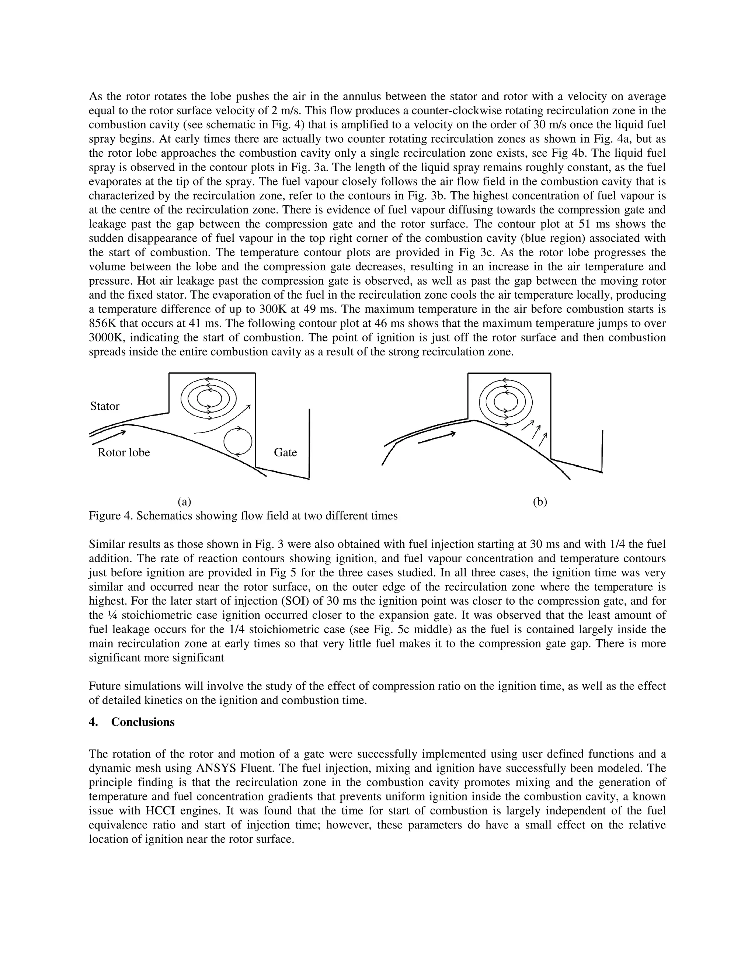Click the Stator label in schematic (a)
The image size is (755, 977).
tap(105, 406)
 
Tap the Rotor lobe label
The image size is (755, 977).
tap(123, 452)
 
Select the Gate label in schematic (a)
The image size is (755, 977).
tap(285, 452)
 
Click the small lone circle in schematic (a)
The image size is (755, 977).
tap(237, 441)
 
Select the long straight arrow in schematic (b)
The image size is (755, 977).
tap(436, 438)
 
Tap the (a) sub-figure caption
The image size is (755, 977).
tap(184, 501)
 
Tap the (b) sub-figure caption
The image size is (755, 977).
tap(540, 501)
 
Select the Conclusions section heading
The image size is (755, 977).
tap(143, 722)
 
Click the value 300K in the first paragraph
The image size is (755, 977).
tap(274, 309)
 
